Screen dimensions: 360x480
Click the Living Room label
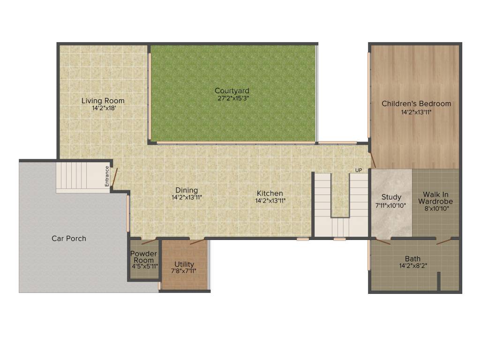point(103,100)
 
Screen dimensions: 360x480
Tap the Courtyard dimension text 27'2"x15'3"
point(232,98)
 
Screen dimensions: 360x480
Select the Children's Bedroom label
point(416,104)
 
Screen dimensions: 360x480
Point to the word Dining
point(187,190)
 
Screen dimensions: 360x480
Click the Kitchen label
point(270,193)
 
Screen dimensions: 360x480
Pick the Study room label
point(391,197)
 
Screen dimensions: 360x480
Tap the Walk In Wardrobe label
point(438,197)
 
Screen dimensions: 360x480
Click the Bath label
point(413,258)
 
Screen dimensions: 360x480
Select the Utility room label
point(184,264)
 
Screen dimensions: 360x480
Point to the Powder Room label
point(143,257)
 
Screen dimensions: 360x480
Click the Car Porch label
point(69,238)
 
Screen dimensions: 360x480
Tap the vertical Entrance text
point(107,177)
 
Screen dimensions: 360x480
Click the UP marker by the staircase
point(359,170)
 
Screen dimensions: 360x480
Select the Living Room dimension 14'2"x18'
point(103,108)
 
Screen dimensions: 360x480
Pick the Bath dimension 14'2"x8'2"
point(413,266)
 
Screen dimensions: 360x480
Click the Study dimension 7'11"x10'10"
point(391,205)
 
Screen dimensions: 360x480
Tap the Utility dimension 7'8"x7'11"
point(184,271)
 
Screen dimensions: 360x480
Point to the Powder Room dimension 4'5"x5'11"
point(144,266)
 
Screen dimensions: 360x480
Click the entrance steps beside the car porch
point(80,177)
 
